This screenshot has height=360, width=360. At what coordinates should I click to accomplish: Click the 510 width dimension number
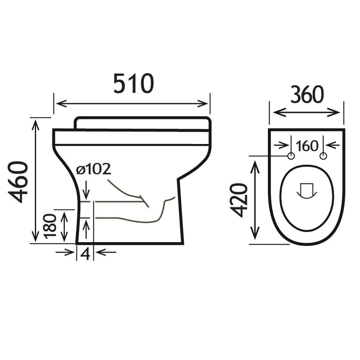pos(133,84)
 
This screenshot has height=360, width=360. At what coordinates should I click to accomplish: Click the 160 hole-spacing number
pos(307,146)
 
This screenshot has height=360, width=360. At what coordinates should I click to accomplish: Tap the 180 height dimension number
pos(50,226)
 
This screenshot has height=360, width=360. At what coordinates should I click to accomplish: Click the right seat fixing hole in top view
pos(323,156)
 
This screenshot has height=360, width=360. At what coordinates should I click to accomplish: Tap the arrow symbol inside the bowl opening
pos(307,190)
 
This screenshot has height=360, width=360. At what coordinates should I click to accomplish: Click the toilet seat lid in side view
pos(142,123)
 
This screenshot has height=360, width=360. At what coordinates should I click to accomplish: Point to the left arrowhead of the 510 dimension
pos(58,104)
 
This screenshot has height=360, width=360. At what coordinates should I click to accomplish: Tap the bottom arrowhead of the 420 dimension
pos(256,237)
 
